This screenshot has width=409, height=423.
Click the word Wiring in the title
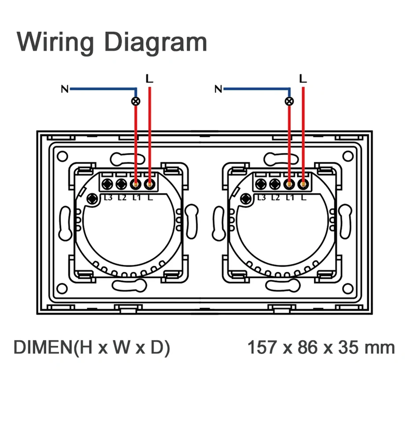tap(55, 42)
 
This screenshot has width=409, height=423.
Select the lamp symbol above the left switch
tap(136, 101)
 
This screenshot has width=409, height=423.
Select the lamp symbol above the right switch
tap(289, 101)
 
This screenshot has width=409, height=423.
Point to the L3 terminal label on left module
tap(108, 197)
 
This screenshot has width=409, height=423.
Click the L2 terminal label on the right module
tap(276, 197)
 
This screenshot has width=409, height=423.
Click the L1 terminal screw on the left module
tap(136, 183)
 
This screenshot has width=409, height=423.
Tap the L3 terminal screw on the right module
tap(261, 183)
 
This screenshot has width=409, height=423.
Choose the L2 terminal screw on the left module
tap(122, 183)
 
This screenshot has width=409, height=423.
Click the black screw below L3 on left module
tap(92, 199)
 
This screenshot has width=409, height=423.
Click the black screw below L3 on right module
tap(246, 199)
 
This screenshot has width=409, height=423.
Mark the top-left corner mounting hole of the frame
tap(62, 156)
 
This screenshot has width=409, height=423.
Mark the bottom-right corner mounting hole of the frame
tap(348, 289)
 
